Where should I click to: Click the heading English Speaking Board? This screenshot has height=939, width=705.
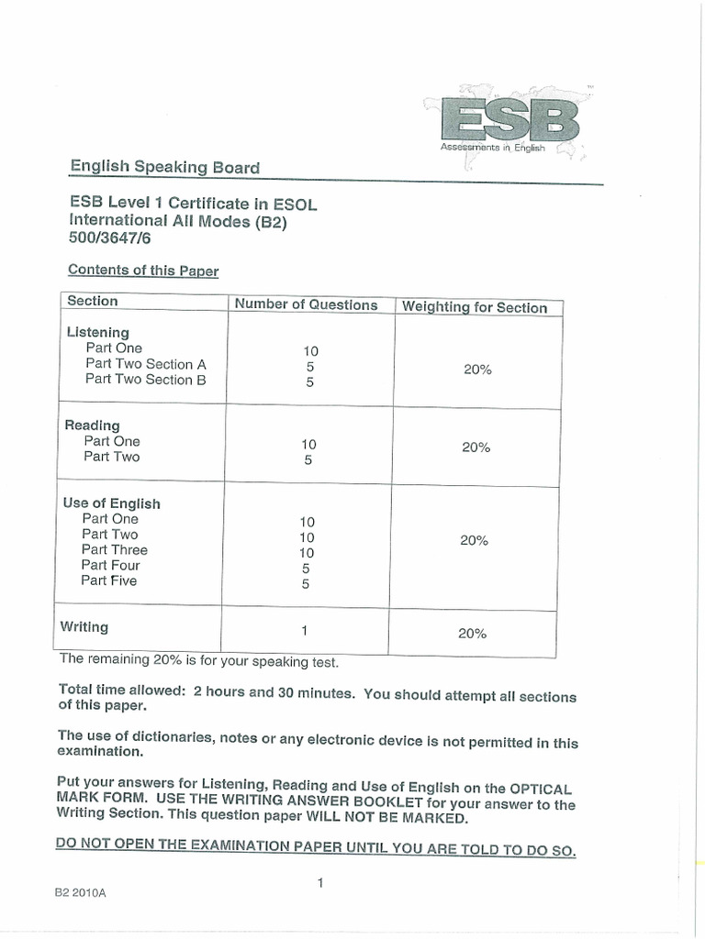[x=165, y=167]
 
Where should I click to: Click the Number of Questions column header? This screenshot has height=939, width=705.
[x=306, y=304]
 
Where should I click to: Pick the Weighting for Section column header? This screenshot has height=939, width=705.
[x=474, y=307]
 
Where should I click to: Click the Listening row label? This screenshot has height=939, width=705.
[x=96, y=332]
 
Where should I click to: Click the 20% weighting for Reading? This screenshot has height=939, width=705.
[x=476, y=447]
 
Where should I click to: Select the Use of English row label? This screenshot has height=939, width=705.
[x=111, y=503]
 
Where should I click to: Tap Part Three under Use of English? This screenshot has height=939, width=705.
[x=114, y=549]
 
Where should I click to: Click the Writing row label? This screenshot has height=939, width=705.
[x=84, y=627]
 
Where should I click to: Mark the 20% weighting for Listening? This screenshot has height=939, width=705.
[x=477, y=369]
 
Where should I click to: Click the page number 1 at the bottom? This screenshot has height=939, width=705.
[x=319, y=882]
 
